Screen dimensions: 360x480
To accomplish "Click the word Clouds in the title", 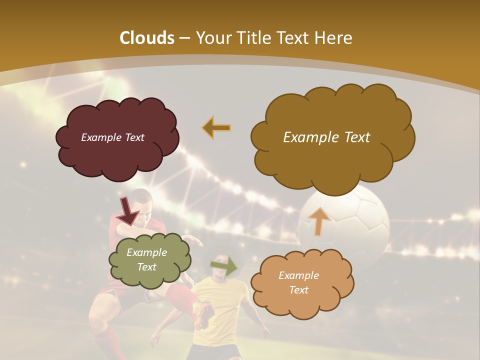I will pos(147,38).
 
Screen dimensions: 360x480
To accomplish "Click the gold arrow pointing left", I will pos(216,127).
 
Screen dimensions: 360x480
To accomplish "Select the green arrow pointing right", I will pos(224,266).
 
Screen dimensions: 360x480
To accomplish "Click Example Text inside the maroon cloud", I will pos(112,137).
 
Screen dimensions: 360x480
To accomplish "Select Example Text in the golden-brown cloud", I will pos(326,137).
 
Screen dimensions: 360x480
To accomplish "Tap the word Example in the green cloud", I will pos(146,252).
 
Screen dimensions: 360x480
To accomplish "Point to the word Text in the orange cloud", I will pos(298,290).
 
